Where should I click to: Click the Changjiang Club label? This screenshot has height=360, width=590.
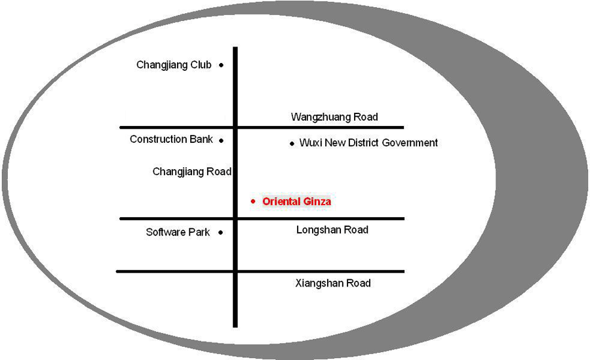click(174, 65)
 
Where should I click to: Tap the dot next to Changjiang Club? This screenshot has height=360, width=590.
click(222, 65)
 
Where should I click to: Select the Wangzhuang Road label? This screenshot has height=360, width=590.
click(334, 117)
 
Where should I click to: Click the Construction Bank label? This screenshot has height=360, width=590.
click(171, 139)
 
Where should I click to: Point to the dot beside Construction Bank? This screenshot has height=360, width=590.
click(222, 140)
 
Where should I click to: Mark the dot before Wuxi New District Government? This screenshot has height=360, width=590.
click(292, 143)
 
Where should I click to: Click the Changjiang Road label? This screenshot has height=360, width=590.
click(192, 172)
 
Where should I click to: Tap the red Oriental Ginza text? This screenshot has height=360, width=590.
click(296, 201)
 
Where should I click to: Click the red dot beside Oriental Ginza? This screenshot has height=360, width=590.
click(253, 201)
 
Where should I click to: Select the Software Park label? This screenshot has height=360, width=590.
click(178, 232)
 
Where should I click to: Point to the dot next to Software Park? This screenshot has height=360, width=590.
click(221, 232)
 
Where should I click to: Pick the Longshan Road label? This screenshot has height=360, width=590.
click(332, 230)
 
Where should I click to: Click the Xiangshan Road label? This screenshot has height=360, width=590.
click(333, 283)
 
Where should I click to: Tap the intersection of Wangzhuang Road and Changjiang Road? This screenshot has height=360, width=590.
click(235, 127)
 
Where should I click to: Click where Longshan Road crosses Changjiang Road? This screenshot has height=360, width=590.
click(235, 218)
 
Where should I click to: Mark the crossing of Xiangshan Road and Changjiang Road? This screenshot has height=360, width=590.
click(235, 271)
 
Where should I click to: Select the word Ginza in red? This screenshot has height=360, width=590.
click(317, 201)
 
